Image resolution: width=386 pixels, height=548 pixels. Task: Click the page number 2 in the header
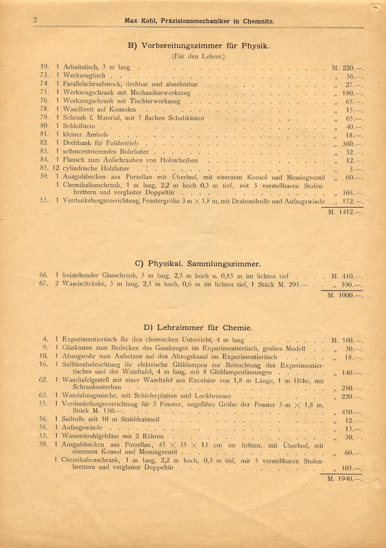35,20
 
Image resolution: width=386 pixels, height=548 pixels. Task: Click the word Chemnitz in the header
258,21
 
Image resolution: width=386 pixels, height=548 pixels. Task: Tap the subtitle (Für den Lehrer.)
198,56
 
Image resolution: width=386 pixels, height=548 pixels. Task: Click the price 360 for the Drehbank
348,144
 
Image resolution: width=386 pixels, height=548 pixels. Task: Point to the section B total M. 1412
345,212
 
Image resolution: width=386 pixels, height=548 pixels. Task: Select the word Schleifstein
79,126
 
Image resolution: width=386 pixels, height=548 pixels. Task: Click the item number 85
44,169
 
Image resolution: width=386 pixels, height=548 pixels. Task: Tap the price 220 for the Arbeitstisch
348,68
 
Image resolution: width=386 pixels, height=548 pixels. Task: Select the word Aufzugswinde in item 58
82,427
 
